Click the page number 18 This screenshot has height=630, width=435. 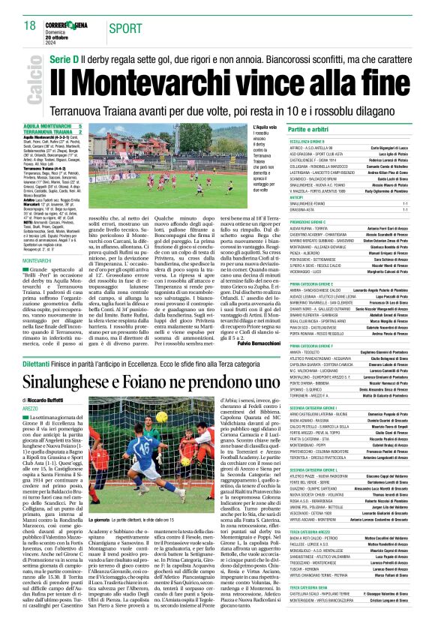click(28, 25)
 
